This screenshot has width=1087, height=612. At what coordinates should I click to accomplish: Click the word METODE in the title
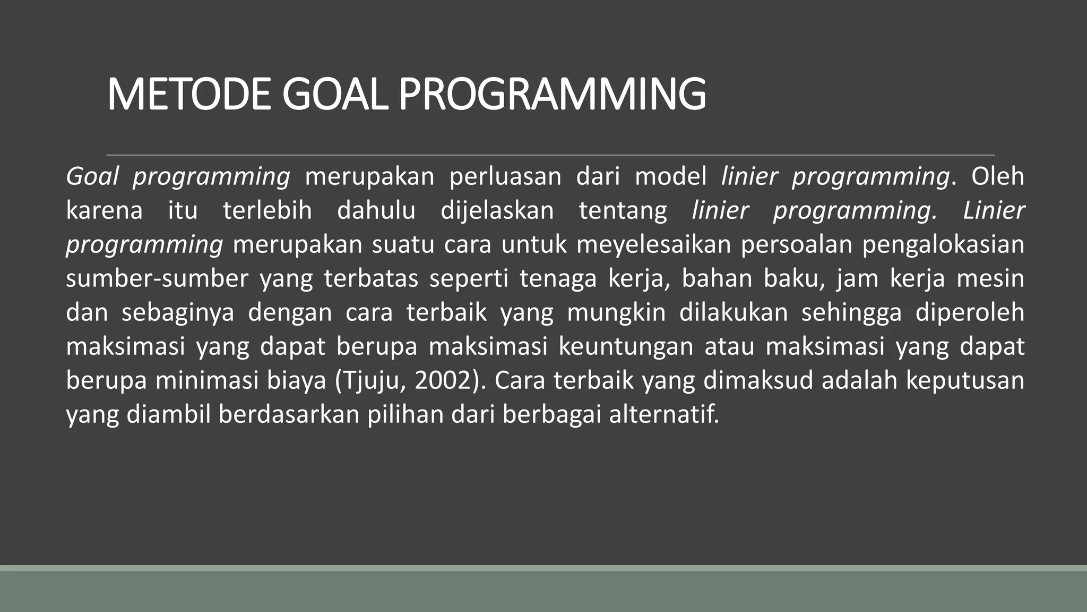click(189, 95)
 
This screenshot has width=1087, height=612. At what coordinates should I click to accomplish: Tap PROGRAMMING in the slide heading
click(552, 95)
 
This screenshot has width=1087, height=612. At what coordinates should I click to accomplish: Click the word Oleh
click(997, 176)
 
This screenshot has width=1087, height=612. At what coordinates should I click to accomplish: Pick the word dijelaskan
click(497, 210)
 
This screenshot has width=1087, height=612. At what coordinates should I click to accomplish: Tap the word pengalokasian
click(943, 244)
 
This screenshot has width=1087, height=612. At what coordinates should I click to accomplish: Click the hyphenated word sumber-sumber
click(157, 278)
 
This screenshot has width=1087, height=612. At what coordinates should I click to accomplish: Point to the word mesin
click(990, 278)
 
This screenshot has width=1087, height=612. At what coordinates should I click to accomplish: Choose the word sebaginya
click(178, 312)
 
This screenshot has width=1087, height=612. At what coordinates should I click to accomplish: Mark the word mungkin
click(616, 312)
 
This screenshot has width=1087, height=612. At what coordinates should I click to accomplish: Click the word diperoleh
click(970, 312)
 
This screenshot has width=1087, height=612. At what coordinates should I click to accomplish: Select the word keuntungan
click(626, 346)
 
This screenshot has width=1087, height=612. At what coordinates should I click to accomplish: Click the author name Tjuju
click(372, 380)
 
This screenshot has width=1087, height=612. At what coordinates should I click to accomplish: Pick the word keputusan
click(964, 380)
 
